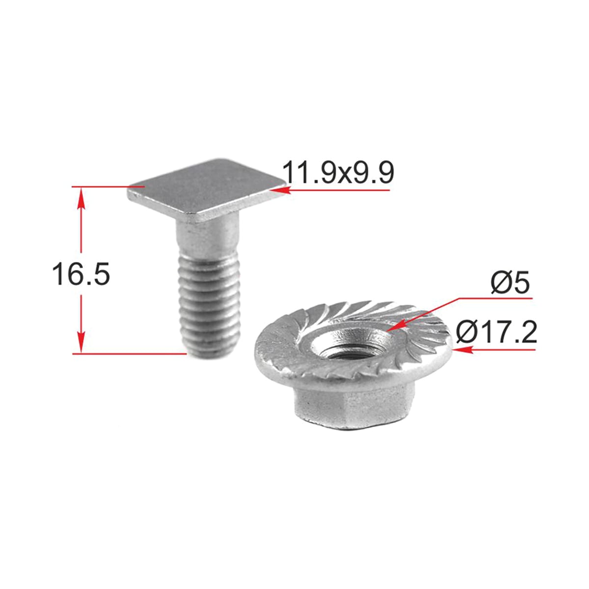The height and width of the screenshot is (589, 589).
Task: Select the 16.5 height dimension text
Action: [x=80, y=274]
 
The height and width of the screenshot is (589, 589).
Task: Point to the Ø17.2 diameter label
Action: [x=496, y=333]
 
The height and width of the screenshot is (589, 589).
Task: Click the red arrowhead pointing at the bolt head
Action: [x=280, y=191]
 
